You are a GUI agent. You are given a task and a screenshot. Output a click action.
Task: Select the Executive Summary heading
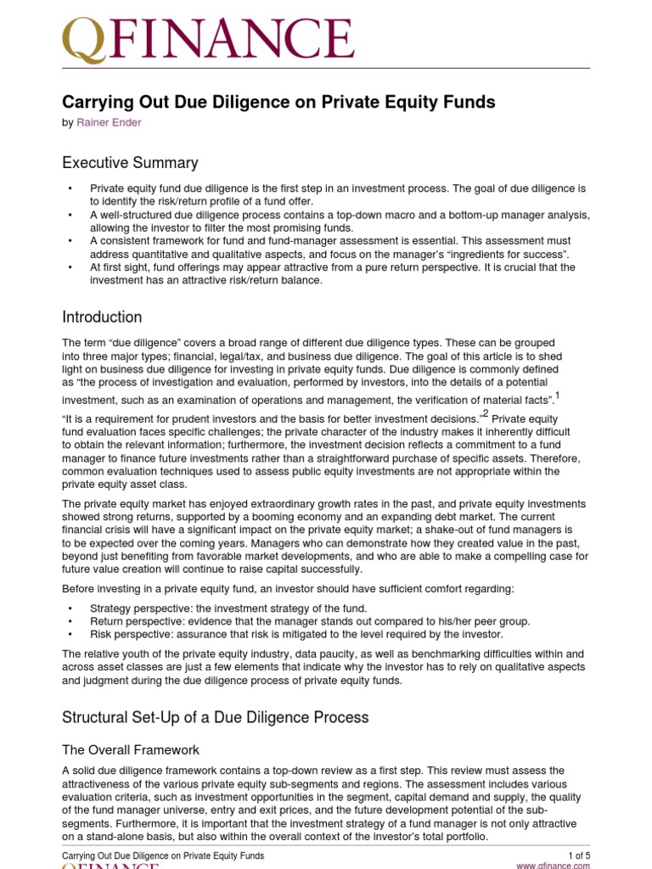(130, 163)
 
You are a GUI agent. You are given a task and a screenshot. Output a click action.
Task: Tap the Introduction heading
(102, 317)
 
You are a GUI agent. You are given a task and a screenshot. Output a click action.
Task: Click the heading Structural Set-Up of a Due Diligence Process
(216, 717)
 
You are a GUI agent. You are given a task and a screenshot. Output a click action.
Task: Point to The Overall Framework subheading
(131, 749)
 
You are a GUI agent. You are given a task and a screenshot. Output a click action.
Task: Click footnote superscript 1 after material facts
(557, 395)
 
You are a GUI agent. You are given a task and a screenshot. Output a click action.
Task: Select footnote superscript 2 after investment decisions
(486, 414)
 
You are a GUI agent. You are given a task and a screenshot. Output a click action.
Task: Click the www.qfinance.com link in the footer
(553, 866)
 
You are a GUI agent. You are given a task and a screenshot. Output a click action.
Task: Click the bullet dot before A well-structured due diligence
(69, 215)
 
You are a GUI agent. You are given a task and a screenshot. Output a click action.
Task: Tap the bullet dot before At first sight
(69, 267)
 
